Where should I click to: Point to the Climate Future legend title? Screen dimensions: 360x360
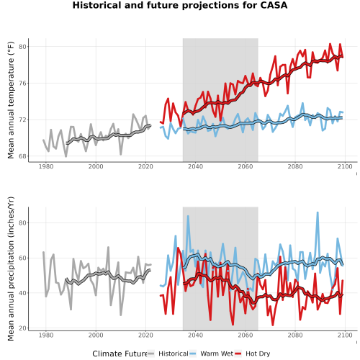point(120,354)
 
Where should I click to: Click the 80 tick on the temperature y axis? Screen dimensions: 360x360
point(22,47)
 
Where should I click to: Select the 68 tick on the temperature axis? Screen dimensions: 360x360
point(22,156)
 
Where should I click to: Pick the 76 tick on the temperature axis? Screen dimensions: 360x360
point(22,84)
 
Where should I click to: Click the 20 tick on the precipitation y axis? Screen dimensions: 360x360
point(22,328)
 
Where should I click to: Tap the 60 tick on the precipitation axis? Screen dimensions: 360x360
point(22,258)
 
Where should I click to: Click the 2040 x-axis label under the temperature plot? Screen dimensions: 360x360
point(195,166)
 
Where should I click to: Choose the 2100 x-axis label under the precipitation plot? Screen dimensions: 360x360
point(345,335)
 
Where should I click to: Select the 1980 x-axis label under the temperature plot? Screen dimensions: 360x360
point(46,166)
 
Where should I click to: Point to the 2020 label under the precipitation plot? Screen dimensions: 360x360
point(145,335)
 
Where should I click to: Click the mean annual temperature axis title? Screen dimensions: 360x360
point(11,100)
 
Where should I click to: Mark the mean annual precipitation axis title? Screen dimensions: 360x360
point(11,269)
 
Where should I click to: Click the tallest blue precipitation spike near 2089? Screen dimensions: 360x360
point(318,212)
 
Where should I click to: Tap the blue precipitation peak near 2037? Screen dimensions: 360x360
point(188,216)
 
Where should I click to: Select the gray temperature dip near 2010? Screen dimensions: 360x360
point(121,154)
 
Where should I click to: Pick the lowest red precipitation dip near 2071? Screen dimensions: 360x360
point(273,325)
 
